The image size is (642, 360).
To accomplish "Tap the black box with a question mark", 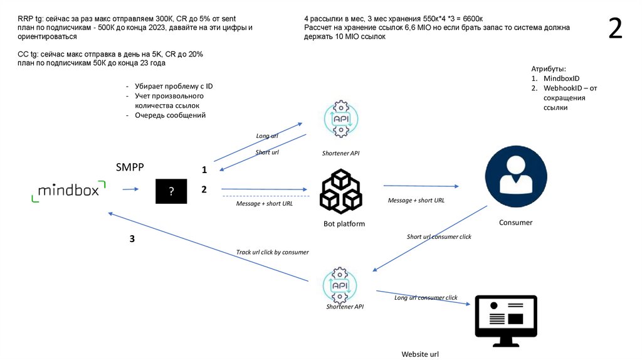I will point(172,191).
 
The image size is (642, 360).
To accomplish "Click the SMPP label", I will point(130,167).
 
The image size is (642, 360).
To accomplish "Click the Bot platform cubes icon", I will point(341,191).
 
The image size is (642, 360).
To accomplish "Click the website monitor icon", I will point(506,320).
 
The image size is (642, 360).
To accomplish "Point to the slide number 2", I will point(616,29).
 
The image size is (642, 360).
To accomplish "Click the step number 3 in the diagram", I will point(132,239).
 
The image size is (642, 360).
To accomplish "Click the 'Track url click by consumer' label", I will point(272,252).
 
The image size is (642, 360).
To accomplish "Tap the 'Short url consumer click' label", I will point(439,237).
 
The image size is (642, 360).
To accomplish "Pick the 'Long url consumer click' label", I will point(426,298).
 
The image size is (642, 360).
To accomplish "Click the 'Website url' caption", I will point(420,354).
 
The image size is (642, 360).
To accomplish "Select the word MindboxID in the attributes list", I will point(561,78).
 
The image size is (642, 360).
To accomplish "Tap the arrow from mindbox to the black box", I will point(130,189).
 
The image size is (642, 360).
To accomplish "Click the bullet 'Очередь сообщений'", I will point(170,115).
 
